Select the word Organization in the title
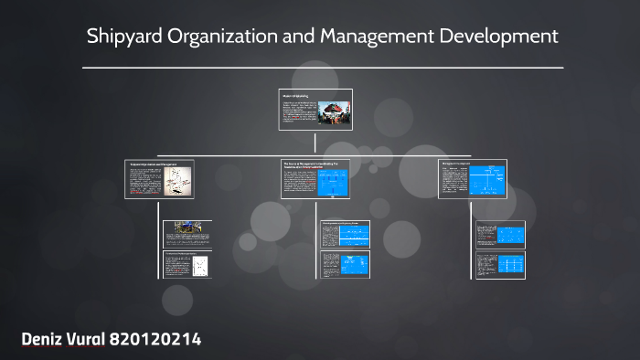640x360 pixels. click(219, 37)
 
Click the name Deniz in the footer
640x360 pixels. click(46, 340)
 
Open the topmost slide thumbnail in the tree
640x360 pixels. click(315, 110)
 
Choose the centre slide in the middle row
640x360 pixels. click(315, 178)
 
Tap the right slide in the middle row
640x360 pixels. click(472, 178)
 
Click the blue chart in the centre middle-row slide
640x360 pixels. click(334, 182)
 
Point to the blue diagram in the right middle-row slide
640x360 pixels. click(488, 178)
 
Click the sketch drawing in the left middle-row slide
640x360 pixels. click(180, 182)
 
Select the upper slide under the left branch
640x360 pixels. click(187, 233)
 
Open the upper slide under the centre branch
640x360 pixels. click(346, 234)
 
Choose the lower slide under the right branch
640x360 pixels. click(500, 265)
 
